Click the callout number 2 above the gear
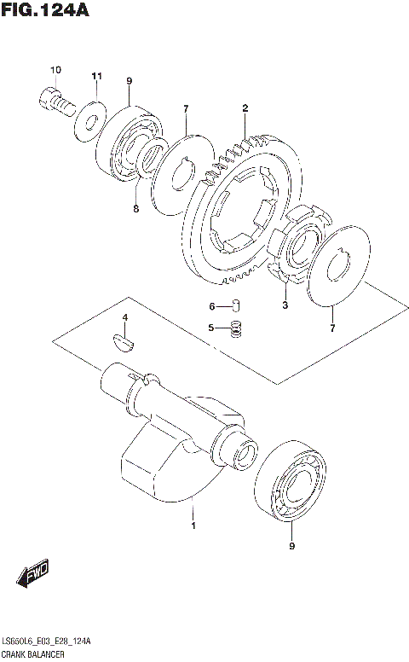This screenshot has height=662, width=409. tap(245, 108)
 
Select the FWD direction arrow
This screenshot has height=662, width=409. tap(35, 575)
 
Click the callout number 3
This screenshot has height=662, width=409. tap(285, 305)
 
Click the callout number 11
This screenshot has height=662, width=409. tap(96, 76)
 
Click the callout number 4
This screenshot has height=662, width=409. tap(124, 318)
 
